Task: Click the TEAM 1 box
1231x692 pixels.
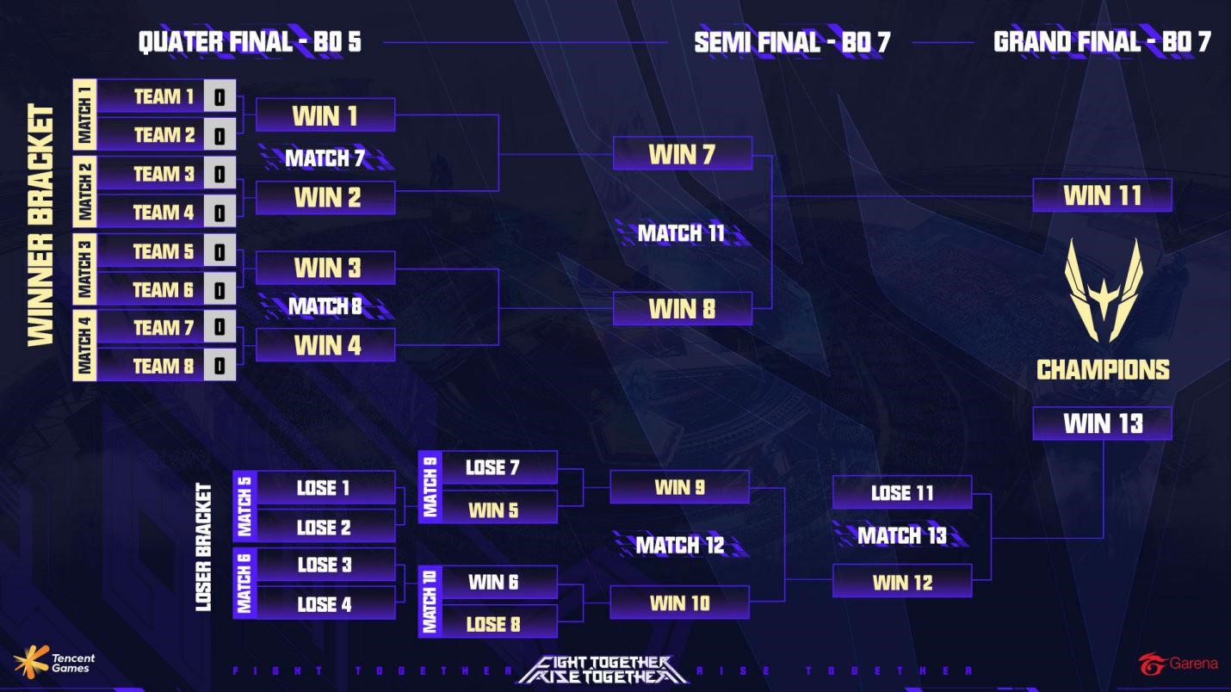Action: point(152,96)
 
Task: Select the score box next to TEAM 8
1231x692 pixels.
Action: point(220,366)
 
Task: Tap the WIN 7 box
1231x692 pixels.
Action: point(682,154)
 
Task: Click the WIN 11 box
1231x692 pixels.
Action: point(1102,195)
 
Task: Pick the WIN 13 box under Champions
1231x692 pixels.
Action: point(1102,423)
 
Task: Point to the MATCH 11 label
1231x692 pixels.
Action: point(681,233)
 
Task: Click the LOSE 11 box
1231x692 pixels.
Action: point(901,492)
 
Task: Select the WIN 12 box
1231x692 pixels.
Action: point(901,582)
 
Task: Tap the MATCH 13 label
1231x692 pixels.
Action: point(901,536)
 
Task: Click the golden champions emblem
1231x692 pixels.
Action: point(1103,291)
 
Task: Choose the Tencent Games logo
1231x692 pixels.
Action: point(54,661)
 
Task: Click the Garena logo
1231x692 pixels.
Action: point(1178,664)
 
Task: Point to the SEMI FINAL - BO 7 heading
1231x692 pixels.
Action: point(791,42)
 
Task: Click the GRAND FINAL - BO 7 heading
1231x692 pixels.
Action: point(1102,42)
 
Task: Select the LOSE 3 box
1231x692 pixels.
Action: point(325,565)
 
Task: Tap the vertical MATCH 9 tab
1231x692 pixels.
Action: point(430,487)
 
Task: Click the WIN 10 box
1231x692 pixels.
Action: point(679,602)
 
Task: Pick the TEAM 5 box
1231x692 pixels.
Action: point(152,251)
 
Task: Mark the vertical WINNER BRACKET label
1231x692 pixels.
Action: point(41,226)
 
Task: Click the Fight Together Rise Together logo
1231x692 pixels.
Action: point(602,670)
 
